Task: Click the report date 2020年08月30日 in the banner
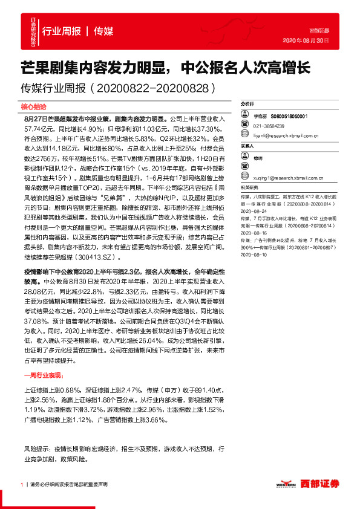point(306,41)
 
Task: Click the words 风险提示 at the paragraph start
point(35,450)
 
